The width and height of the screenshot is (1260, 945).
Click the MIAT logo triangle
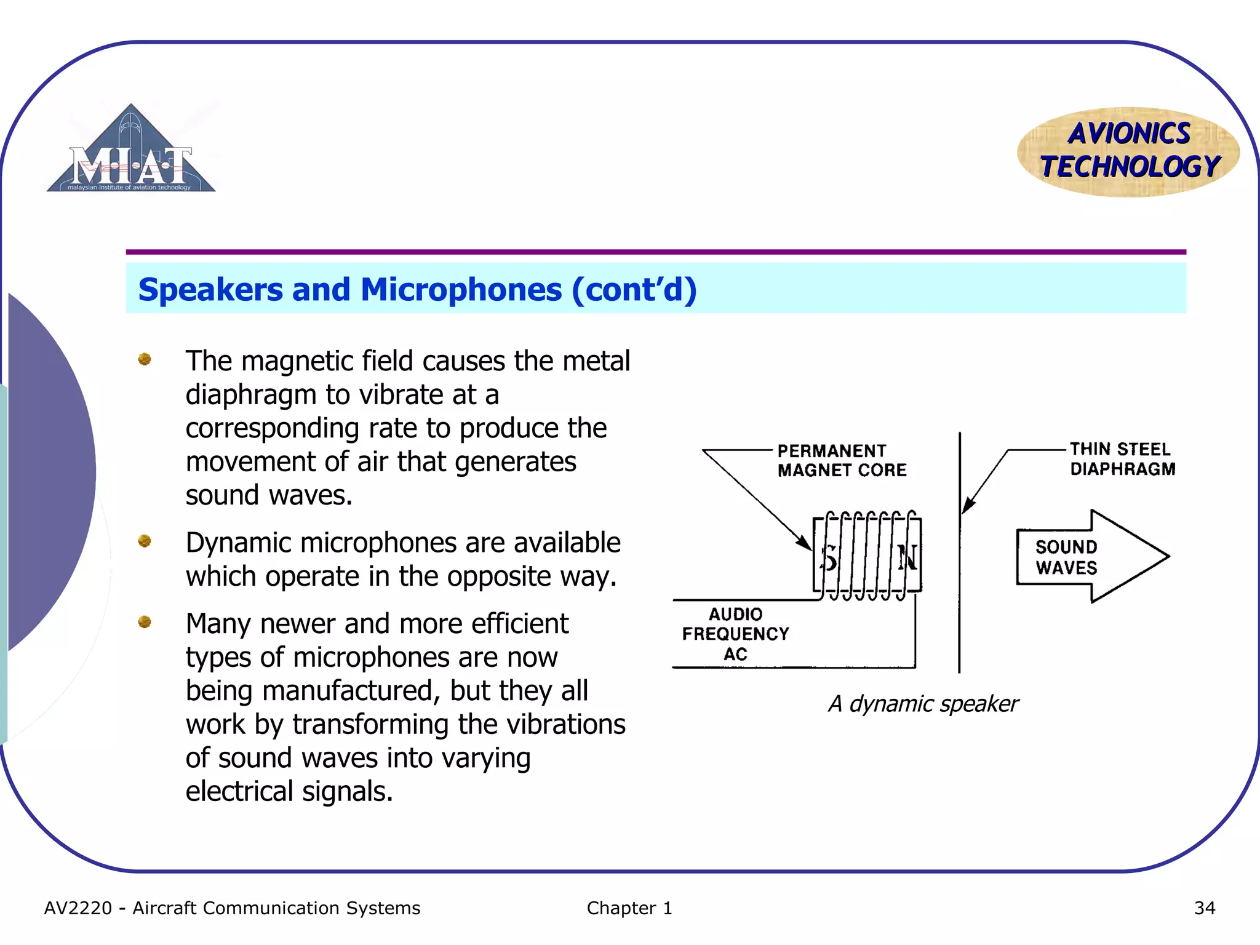click(x=130, y=154)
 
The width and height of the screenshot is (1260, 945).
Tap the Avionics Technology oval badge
click(x=1128, y=151)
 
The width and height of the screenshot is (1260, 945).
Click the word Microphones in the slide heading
click(x=461, y=290)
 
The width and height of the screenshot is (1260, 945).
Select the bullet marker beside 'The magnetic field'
click(x=145, y=359)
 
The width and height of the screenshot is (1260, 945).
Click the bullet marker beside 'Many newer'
click(x=145, y=622)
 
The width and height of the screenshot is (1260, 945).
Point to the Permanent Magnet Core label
click(x=841, y=460)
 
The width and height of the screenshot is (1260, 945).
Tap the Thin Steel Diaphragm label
click(x=1122, y=459)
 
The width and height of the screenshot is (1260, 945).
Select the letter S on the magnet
click(x=829, y=558)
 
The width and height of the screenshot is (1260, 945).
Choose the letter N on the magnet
click(x=907, y=558)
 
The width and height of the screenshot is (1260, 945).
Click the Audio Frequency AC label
click(x=735, y=634)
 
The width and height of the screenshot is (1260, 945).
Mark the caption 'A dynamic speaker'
click(x=923, y=704)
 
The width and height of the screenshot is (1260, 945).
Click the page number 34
click(x=1204, y=908)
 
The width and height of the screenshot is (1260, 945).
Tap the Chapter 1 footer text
click(x=629, y=908)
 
